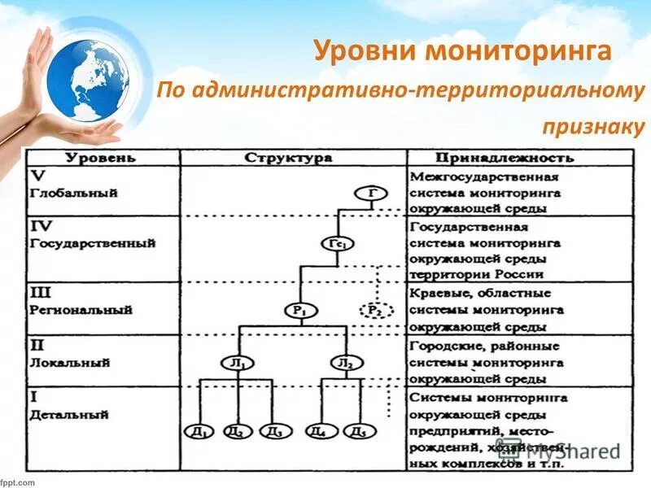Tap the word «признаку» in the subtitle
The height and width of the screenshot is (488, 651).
click(592, 126)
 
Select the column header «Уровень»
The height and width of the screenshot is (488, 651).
click(101, 157)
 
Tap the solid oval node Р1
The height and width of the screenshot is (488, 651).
click(300, 310)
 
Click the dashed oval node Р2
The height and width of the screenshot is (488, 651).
click(375, 310)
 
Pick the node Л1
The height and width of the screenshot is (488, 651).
click(236, 363)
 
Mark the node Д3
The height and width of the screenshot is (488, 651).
click(275, 431)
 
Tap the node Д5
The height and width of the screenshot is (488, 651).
click(359, 431)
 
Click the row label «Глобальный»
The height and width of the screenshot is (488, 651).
click(74, 194)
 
